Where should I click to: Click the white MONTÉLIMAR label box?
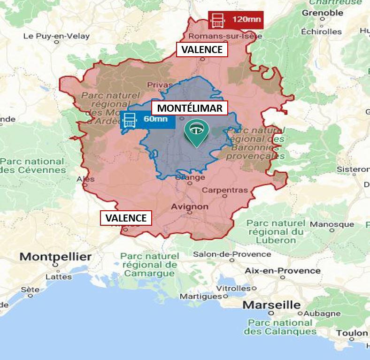[190, 108]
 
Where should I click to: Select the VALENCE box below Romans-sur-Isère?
[202, 49]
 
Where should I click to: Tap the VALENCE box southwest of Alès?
[126, 218]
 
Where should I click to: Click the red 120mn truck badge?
[236, 20]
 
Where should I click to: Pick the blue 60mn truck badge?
[147, 119]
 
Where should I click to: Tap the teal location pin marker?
[196, 132]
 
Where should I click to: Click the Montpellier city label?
[55, 257]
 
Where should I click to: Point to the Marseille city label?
[271, 305]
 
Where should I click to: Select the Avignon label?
[190, 206]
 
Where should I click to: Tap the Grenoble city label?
[323, 13]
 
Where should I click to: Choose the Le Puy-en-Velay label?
[56, 36]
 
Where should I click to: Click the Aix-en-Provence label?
[283, 270]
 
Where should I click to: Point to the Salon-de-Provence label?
[232, 254]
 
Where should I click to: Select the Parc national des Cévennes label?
[32, 165]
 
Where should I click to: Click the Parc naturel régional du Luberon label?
[275, 231]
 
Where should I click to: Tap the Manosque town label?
[332, 224]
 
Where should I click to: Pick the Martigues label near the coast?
[200, 296]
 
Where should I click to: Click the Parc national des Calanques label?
[282, 327]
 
